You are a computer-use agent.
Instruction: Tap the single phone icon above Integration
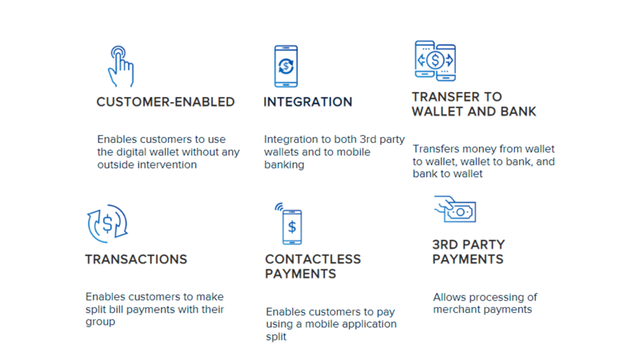286,66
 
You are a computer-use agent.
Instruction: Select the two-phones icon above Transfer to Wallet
435,61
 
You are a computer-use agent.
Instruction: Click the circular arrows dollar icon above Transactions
107,224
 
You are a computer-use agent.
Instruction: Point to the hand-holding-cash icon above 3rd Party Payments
455,209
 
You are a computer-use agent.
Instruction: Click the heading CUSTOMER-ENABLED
165,102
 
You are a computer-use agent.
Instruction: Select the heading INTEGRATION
307,102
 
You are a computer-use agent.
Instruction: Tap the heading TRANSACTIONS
136,259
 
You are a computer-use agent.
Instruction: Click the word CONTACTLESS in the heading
313,259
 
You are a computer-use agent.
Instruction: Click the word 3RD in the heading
445,244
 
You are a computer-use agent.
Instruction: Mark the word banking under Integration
284,165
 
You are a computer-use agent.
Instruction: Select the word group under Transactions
101,322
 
